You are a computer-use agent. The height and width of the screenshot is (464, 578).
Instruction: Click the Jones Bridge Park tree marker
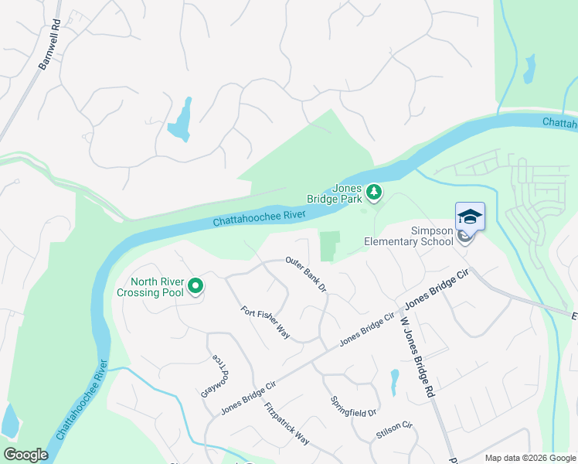pyautogui.click(x=374, y=192)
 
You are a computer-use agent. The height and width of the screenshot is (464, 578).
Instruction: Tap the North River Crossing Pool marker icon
pyautogui.click(x=195, y=287)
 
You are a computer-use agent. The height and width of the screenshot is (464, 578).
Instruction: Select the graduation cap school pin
pyautogui.click(x=470, y=217)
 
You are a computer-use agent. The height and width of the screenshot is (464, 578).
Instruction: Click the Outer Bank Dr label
pyautogui.click(x=307, y=274)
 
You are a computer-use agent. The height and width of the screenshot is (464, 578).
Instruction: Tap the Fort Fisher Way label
pyautogui.click(x=265, y=323)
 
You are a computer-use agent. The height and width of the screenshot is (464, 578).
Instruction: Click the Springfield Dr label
pyautogui.click(x=353, y=407)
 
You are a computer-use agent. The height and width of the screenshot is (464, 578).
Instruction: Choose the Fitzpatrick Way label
pyautogui.click(x=286, y=424)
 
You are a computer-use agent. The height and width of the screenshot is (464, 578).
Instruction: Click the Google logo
pyautogui.click(x=25, y=455)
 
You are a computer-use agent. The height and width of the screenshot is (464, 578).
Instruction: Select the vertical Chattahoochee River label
pyautogui.click(x=80, y=407)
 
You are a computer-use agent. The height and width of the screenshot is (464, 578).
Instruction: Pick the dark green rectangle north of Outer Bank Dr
pyautogui.click(x=329, y=247)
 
